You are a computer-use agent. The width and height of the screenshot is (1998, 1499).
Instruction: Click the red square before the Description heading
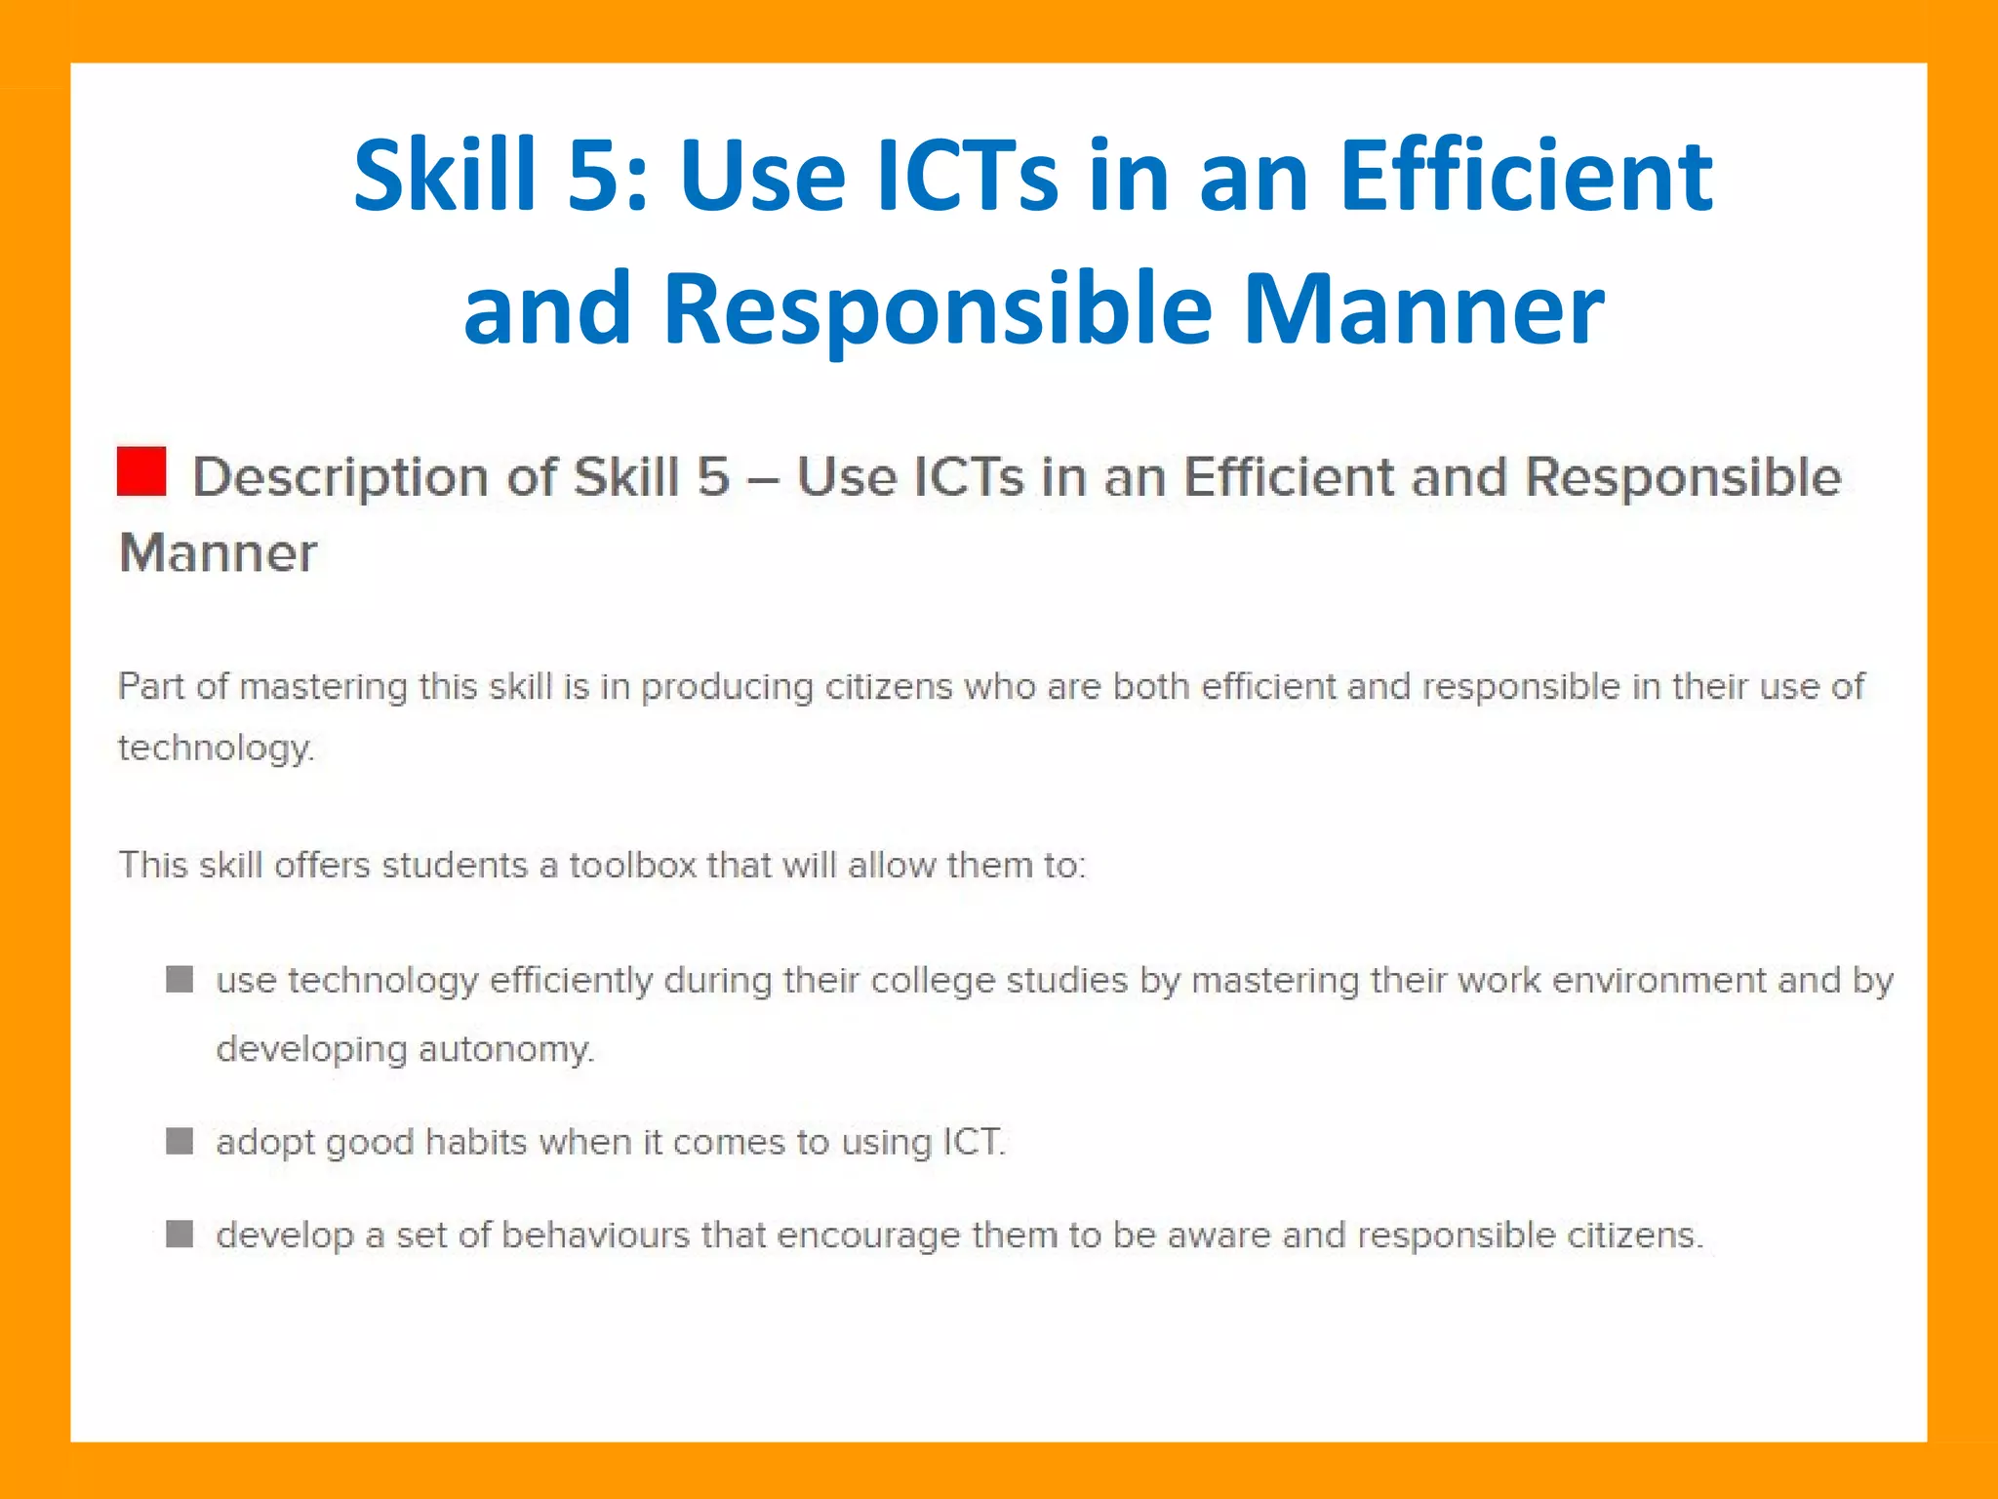[x=141, y=471]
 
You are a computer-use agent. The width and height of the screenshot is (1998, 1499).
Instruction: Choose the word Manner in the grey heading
[x=218, y=553]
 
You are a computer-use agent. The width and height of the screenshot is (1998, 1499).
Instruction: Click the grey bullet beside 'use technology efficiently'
[x=180, y=979]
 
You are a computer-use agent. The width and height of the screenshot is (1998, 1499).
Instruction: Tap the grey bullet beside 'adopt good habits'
[x=180, y=1141]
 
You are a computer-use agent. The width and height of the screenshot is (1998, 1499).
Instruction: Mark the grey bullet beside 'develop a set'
[x=180, y=1235]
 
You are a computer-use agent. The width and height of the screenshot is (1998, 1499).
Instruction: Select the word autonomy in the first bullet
[x=505, y=1049]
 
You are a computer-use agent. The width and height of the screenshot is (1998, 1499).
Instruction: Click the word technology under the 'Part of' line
[x=215, y=749]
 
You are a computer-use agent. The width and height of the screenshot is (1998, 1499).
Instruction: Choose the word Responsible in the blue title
[x=938, y=309]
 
